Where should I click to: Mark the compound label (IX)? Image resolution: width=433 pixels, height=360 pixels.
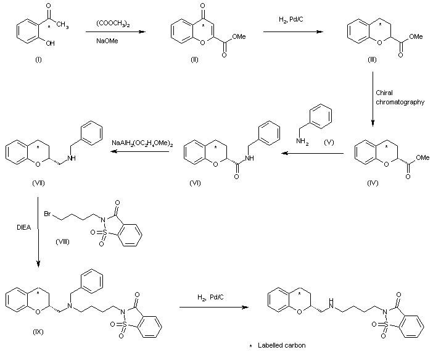point(38,331)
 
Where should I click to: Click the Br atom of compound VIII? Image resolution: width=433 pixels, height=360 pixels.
point(47,214)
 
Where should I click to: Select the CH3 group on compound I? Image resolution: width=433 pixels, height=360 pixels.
point(63,25)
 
